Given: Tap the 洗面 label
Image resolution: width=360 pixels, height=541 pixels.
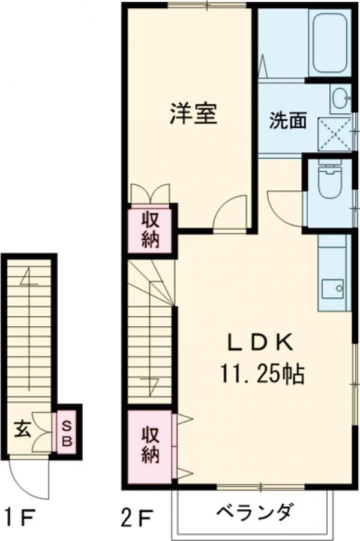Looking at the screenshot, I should point(287,121).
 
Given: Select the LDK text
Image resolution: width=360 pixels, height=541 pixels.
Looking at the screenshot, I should point(259,344).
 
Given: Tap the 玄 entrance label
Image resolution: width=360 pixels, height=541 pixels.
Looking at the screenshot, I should point(22,429).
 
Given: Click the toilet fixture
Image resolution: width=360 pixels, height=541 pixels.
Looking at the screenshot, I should point(328,182).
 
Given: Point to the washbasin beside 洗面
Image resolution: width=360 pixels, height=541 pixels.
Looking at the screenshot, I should point(340,98).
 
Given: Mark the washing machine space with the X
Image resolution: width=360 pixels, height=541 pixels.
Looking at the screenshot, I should point(334,134).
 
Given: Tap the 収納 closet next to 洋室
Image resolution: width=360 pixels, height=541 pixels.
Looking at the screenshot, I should point(151,228).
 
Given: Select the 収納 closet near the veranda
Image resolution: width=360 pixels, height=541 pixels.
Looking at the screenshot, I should point(151,444).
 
